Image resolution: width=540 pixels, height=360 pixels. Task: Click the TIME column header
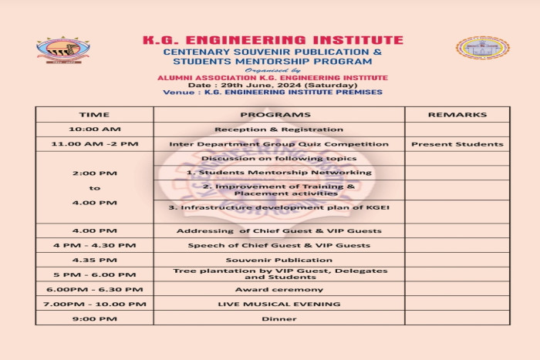point(94,115)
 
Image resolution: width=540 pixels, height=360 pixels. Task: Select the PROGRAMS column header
point(278,115)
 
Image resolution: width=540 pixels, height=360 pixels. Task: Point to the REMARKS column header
point(457,115)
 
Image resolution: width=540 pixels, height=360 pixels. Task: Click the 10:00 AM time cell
point(94,130)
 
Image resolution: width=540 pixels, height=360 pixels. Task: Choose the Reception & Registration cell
point(278,130)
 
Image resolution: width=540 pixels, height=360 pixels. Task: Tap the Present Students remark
point(457,144)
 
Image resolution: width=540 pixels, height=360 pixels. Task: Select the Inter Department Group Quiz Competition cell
point(278,144)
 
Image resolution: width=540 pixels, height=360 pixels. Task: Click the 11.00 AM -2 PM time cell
point(94,144)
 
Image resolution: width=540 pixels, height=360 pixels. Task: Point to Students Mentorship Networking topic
point(278,173)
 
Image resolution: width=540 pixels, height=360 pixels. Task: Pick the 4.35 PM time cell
point(94,260)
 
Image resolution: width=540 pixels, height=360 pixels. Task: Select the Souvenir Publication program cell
point(278,260)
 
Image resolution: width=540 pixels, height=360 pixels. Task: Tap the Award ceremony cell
point(278,289)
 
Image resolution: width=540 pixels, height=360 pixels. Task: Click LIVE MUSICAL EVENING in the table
point(278,304)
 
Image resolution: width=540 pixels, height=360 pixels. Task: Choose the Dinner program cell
point(278,318)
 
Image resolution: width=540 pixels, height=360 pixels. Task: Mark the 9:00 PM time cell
point(94,318)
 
